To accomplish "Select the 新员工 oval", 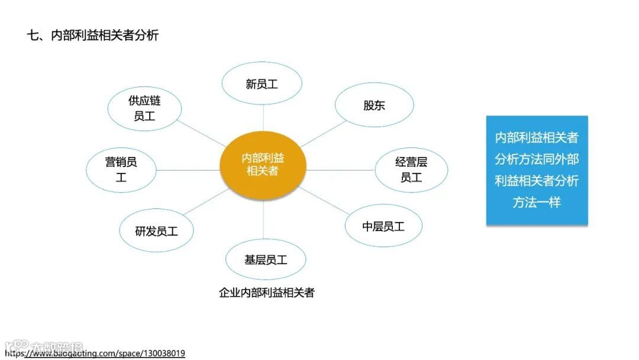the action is pos(262,84).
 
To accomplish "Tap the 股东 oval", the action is pos(374,105).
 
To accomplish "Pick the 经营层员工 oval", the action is pos(411,169).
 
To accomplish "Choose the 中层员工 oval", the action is pos(383,226).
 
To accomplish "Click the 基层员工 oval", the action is pos(266,259).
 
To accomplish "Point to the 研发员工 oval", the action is pos(156,231).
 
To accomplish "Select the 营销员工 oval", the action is pos(121,169).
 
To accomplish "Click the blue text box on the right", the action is pos(537,171).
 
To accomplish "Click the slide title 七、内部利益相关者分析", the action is pos(93,36).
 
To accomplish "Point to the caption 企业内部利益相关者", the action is pos(266,292).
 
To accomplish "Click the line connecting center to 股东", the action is pos(322,134).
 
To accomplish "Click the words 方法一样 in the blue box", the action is pos(537,202).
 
